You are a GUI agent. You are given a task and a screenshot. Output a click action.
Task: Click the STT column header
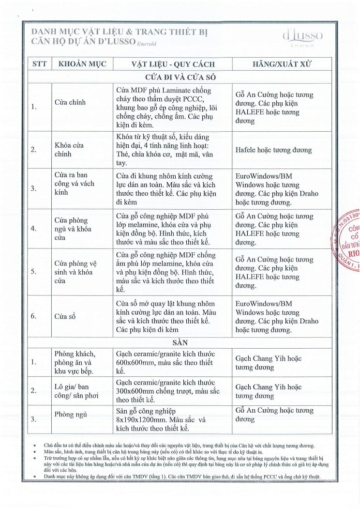point(39,64)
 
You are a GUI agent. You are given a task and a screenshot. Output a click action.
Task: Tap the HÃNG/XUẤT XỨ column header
point(282,64)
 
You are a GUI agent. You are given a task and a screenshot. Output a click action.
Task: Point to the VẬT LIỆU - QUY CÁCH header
point(173,64)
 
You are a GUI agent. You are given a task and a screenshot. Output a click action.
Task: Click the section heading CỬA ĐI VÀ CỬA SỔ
point(180,77)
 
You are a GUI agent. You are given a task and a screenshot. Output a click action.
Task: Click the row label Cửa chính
point(70,103)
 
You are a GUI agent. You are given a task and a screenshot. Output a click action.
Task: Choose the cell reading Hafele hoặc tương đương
point(273,150)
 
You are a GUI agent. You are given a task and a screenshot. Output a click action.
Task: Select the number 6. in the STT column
point(33,316)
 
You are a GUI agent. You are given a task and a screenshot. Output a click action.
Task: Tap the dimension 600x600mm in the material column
point(137,363)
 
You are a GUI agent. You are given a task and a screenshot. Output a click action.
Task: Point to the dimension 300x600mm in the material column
point(137,391)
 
